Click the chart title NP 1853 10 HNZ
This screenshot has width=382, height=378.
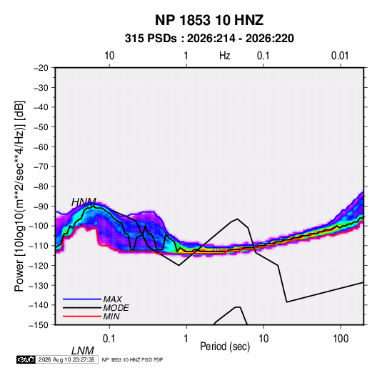[x=209, y=20]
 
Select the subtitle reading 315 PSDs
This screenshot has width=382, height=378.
[x=151, y=39]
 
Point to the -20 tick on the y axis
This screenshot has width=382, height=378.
[x=41, y=68]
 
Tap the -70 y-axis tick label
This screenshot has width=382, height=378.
[x=41, y=166]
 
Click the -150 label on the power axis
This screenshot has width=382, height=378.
[x=39, y=325]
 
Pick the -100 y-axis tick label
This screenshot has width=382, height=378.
[x=39, y=226]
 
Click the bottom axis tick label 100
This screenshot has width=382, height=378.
[x=341, y=339]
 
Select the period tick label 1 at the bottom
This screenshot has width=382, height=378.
[x=186, y=339]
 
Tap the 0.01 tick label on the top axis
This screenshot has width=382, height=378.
[x=340, y=56]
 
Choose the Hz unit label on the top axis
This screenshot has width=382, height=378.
[x=225, y=56]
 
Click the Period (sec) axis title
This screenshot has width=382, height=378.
[x=225, y=347]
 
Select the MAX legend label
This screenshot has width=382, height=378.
[x=113, y=299]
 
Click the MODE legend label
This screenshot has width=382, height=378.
[x=116, y=308]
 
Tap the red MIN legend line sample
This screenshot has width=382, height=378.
[x=82, y=317]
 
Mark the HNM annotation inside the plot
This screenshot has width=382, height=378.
[x=84, y=202]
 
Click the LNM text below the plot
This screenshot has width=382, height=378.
[x=83, y=351]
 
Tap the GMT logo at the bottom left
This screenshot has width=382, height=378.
[x=26, y=359]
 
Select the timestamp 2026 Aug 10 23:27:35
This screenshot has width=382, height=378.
[x=66, y=359]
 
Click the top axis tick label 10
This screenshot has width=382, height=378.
[x=109, y=56]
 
